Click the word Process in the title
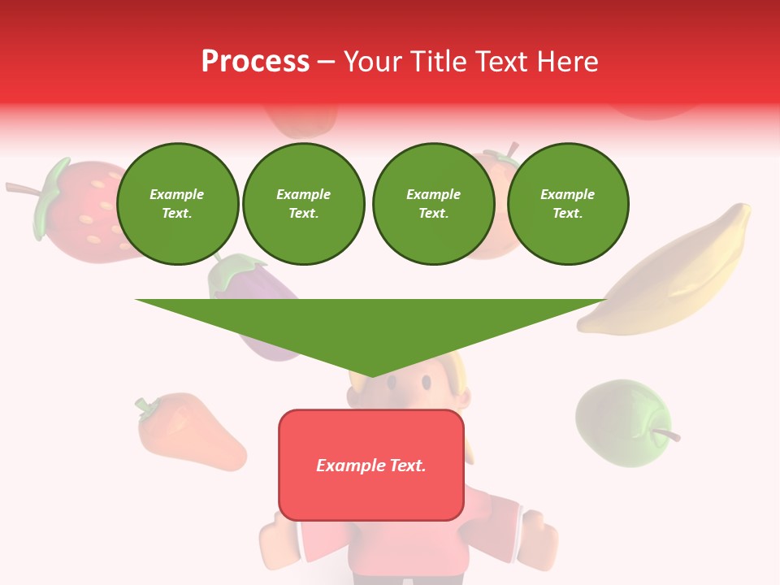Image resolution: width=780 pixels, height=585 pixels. pyautogui.click(x=255, y=62)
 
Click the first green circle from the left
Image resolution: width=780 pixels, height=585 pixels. pyautogui.click(x=177, y=204)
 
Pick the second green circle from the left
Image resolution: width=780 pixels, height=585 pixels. pyautogui.click(x=304, y=204)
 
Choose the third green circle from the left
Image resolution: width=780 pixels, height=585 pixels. pyautogui.click(x=433, y=204)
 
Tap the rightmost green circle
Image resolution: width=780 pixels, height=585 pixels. pyautogui.click(x=568, y=204)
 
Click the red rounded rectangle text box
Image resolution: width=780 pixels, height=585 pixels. pyautogui.click(x=371, y=496)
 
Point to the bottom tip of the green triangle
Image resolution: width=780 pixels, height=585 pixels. pyautogui.click(x=371, y=376)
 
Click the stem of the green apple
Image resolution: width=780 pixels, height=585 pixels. pyautogui.click(x=668, y=435)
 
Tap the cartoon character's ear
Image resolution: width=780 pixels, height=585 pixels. pyautogui.click(x=463, y=398)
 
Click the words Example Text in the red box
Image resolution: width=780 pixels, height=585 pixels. pyautogui.click(x=371, y=466)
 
